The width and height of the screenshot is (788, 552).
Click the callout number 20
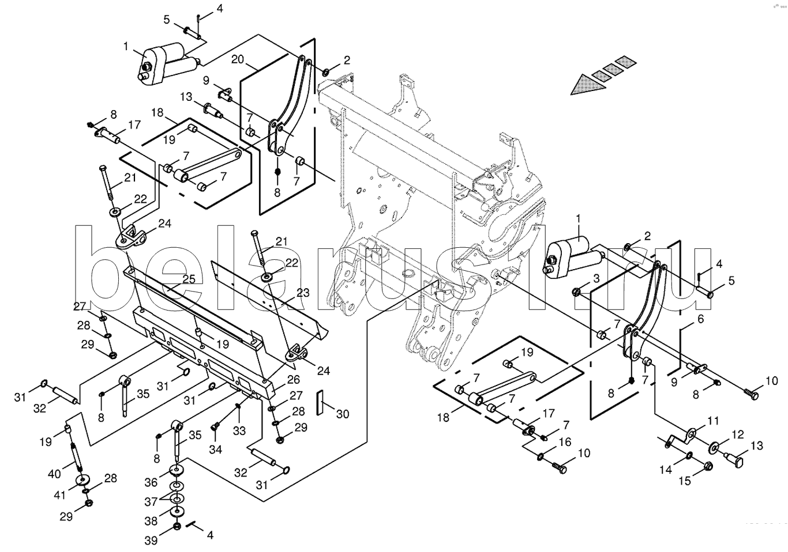239,59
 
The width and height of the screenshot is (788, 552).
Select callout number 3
596,279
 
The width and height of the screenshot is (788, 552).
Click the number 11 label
714,421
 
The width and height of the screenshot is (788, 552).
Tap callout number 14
666,470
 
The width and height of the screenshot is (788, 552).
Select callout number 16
565,441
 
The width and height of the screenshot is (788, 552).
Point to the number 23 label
303,293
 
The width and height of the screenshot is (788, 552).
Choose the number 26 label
292,380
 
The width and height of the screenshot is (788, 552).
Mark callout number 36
150,482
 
